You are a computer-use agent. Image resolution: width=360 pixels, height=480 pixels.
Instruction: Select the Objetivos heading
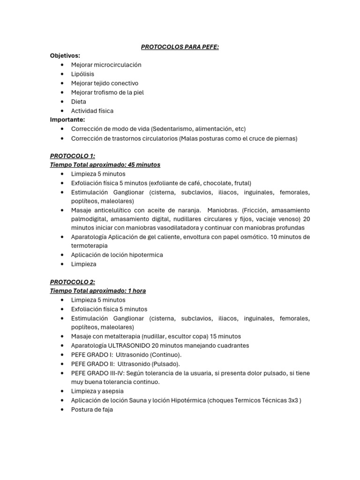tap(65, 56)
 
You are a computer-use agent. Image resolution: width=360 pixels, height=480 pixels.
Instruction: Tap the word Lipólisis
tap(82, 74)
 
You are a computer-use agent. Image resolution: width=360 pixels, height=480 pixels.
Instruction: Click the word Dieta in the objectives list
tap(79, 102)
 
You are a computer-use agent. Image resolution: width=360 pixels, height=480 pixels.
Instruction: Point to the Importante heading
tap(67, 120)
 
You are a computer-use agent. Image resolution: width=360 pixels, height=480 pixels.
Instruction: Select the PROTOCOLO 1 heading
tap(72, 156)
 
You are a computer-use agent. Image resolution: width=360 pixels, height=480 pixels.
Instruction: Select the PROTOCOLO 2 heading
tap(72, 282)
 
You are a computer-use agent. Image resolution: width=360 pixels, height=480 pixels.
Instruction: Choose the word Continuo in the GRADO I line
tap(165, 355)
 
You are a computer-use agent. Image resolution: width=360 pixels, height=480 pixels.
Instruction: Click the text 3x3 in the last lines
tap(293, 400)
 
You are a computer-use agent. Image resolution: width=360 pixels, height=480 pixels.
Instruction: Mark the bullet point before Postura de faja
tap(62, 409)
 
